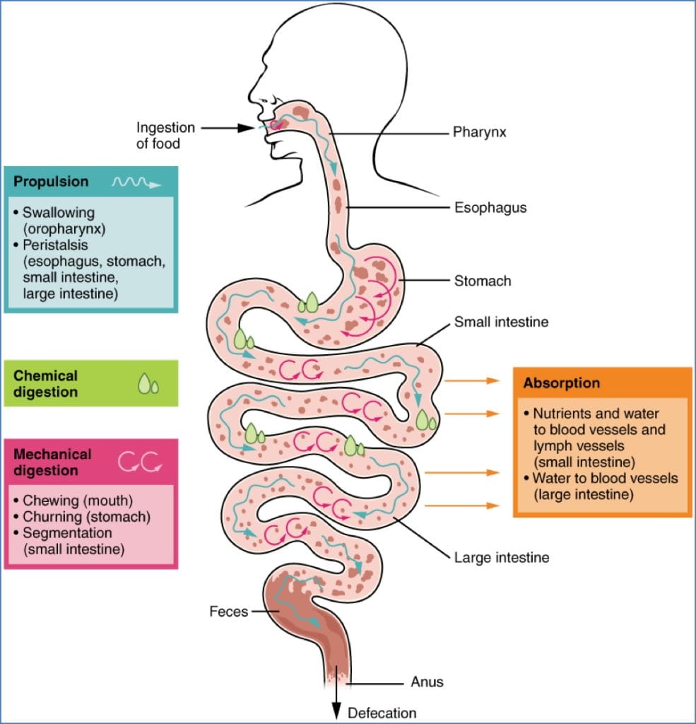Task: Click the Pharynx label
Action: point(479,132)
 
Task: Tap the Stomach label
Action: point(483,281)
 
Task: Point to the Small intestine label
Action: point(501,322)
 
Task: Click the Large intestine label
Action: point(501,558)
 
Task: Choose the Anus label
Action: point(427,682)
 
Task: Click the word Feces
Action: point(229,612)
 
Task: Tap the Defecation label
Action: point(382,713)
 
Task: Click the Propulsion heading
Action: point(51,182)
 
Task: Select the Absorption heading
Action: point(562,383)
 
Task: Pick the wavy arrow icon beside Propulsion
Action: point(136,183)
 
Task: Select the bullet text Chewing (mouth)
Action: point(78,501)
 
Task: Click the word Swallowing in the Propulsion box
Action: point(58,212)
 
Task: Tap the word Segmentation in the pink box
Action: point(66,532)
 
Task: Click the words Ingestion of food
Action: point(165,135)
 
